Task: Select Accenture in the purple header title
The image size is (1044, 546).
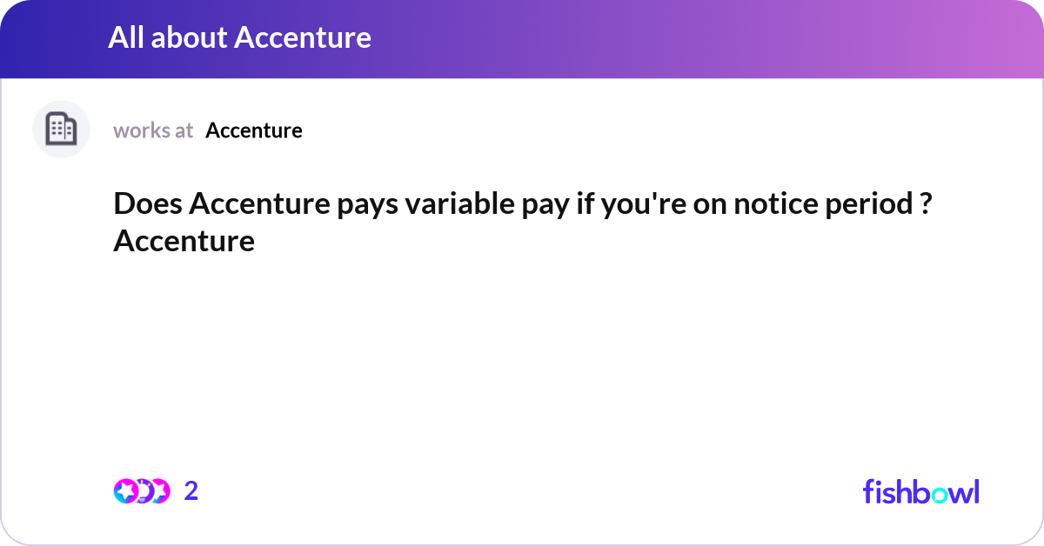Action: point(304,37)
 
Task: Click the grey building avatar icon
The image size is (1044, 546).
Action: point(61,130)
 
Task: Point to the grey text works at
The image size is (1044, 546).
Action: point(153,130)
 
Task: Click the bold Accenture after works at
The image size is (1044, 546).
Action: point(254,130)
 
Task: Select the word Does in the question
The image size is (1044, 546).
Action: point(146,205)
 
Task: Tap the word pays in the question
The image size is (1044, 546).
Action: point(341,206)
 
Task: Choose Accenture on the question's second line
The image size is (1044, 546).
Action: point(184,240)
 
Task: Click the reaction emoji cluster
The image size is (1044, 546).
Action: point(141,491)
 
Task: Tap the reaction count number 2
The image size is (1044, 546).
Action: point(191,491)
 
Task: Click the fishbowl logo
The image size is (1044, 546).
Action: point(920,491)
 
